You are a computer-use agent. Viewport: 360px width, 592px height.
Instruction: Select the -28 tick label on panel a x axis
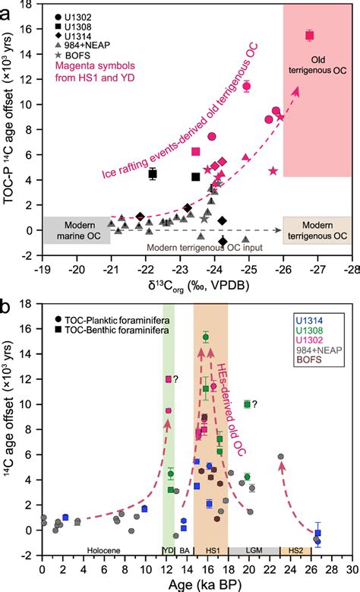click(351, 269)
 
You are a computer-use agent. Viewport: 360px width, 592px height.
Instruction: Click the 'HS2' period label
click(290, 549)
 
